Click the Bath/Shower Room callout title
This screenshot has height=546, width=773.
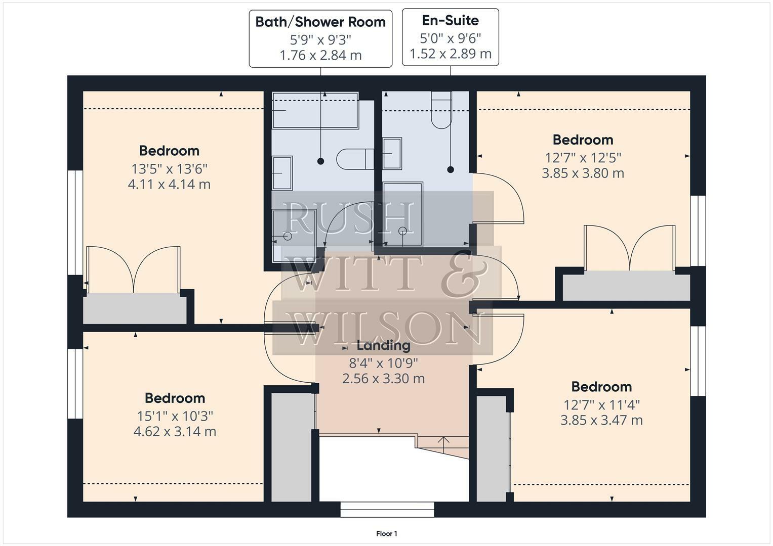click(x=320, y=22)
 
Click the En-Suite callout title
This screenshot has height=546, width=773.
click(x=450, y=20)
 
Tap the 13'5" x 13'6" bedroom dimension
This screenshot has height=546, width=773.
click(x=169, y=168)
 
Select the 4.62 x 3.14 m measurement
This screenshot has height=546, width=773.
click(x=175, y=431)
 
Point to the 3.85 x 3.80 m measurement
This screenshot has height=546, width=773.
click(x=583, y=173)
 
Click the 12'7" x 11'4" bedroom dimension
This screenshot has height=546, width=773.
click(x=601, y=404)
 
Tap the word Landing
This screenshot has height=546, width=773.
click(x=383, y=345)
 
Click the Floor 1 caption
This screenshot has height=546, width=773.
click(x=386, y=533)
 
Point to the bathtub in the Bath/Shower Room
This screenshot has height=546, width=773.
click(x=315, y=111)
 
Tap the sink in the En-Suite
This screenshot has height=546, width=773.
click(x=392, y=153)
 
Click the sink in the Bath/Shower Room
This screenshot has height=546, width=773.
click(x=282, y=172)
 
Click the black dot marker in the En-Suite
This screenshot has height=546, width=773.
click(x=451, y=170)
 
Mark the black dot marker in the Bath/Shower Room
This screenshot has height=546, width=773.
click(x=320, y=161)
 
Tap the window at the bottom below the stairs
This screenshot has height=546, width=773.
click(x=387, y=509)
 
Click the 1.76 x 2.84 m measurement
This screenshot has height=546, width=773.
click(x=320, y=55)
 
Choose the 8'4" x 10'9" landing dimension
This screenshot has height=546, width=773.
click(x=383, y=362)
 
